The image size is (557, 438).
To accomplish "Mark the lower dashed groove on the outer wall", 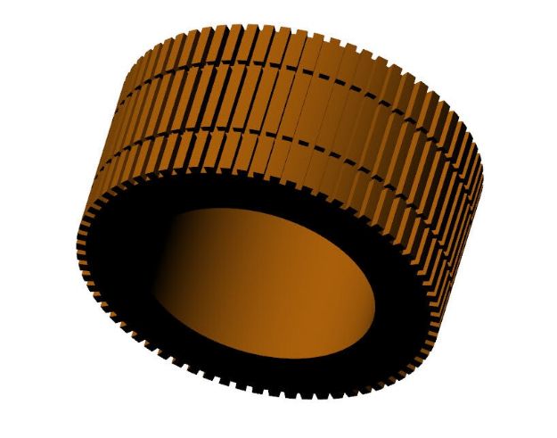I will [x=294, y=143].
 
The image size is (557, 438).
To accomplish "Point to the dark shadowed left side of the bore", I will [x=174, y=268].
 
